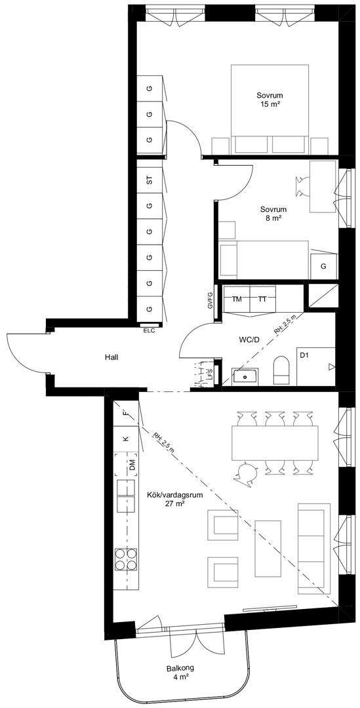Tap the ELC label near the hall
pyautogui.click(x=149, y=330)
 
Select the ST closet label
pyautogui.click(x=149, y=180)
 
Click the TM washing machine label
pyautogui.click(x=237, y=299)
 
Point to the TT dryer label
pyautogui.click(x=262, y=299)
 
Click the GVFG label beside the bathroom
pyautogui.click(x=210, y=300)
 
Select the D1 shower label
pyautogui.click(x=304, y=355)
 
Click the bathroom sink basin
pyautogui.click(x=245, y=376)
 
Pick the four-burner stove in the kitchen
pyautogui.click(x=126, y=559)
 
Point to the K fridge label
pyautogui.click(x=127, y=439)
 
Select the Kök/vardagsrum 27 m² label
pyautogui.click(x=174, y=499)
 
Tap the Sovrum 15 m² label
pyautogui.click(x=270, y=100)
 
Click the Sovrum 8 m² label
pyautogui.click(x=273, y=214)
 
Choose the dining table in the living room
pyautogui.click(x=275, y=443)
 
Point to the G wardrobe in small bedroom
pyautogui.click(x=323, y=266)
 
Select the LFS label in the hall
pyautogui.click(x=210, y=374)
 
